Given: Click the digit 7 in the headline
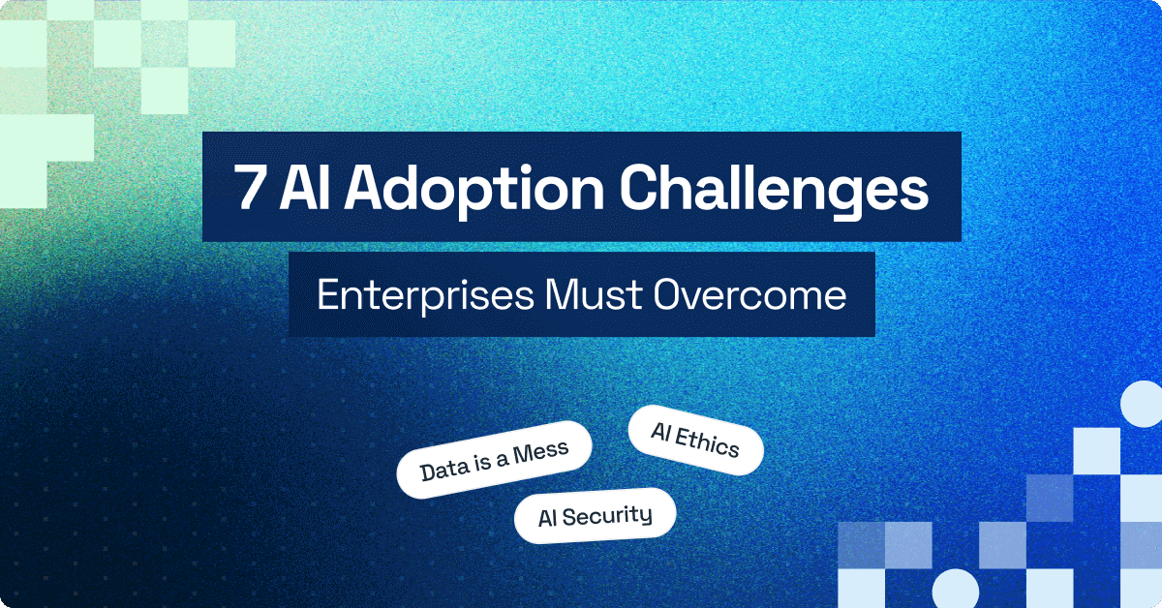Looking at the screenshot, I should click(x=250, y=188).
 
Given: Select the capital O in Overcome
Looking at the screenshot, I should click(x=668, y=295).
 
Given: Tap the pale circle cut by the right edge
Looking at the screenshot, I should click(x=1143, y=407).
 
